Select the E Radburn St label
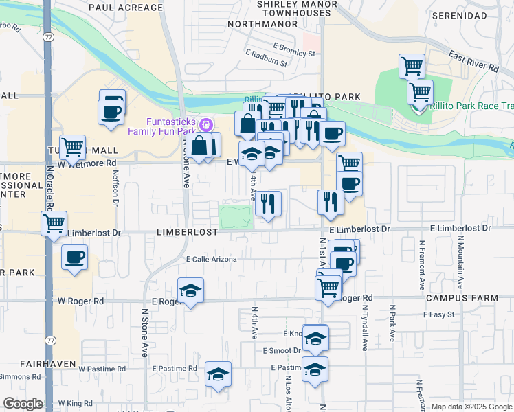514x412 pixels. coord(266,62)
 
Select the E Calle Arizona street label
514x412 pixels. coord(212,259)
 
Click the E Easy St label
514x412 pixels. coord(441,314)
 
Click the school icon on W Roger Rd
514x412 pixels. coord(191,291)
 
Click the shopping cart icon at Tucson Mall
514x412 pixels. coord(72,146)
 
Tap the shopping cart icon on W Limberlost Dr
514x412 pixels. coord(54,222)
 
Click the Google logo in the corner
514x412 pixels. coord(23,404)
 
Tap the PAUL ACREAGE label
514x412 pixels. coord(120,7)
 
